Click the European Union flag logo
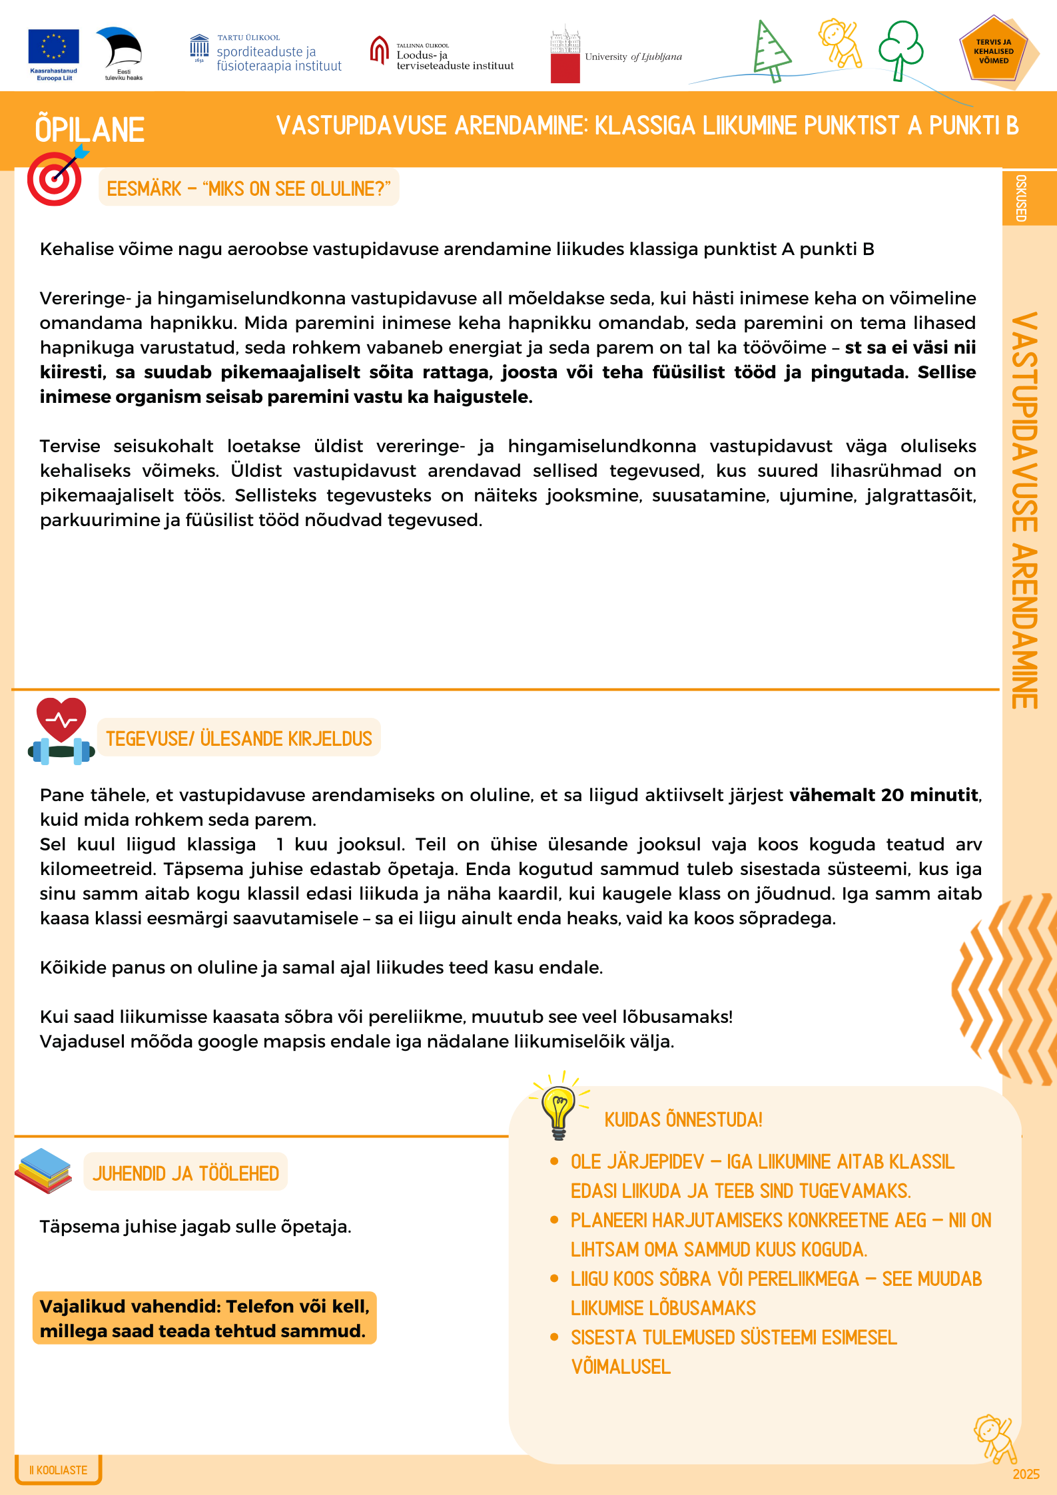53,47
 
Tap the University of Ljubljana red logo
565,60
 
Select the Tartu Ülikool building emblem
199,47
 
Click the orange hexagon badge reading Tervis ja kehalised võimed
994,52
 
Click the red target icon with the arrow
56,178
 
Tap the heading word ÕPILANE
90,130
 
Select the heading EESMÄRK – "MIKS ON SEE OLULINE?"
248,189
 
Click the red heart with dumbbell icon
61,731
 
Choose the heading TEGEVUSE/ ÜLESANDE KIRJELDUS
239,739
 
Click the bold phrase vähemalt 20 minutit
884,795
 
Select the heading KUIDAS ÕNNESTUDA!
683,1119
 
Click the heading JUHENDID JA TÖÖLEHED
186,1173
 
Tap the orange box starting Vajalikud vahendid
204,1318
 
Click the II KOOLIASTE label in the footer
59,1470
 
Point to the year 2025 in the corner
1026,1474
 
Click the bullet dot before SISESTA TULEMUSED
554,1337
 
